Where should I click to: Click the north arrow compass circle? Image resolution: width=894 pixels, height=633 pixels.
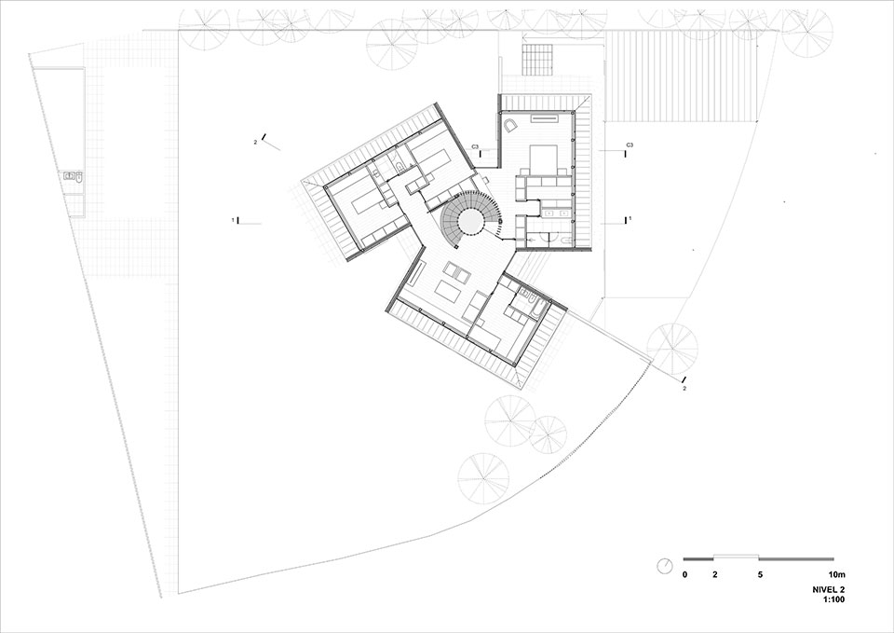click(x=665, y=566)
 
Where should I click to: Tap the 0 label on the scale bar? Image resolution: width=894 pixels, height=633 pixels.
click(x=684, y=575)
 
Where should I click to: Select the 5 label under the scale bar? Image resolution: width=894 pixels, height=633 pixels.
click(x=760, y=575)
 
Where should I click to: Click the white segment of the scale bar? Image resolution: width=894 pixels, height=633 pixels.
click(x=736, y=556)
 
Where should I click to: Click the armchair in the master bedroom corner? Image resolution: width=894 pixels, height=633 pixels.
click(x=508, y=125)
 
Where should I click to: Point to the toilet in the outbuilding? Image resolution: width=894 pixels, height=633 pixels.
click(x=79, y=177)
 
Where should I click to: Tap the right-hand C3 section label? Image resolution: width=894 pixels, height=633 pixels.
click(x=630, y=144)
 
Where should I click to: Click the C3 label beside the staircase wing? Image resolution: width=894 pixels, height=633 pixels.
click(x=474, y=147)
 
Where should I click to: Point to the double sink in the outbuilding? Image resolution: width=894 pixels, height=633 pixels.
click(x=70, y=177)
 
